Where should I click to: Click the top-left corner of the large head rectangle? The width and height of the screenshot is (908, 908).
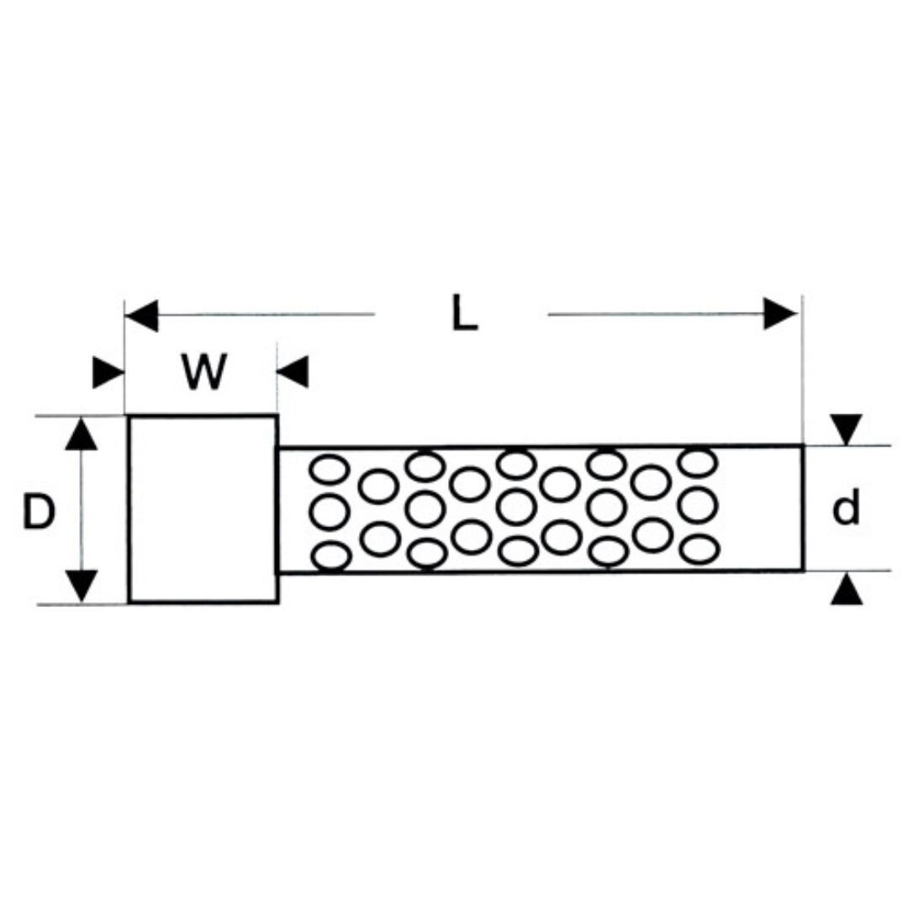(129, 416)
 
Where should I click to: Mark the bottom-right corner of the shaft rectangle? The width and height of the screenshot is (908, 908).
(803, 570)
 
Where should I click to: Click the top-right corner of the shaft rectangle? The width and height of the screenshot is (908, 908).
(803, 446)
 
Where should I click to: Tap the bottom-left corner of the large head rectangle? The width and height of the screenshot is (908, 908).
(129, 603)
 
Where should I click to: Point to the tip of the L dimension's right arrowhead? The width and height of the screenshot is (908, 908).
(799, 314)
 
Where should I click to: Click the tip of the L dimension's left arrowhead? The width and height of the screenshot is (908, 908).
(126, 315)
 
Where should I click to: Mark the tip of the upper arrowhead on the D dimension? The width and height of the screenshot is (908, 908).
(81, 417)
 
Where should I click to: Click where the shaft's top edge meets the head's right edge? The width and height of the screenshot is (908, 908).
(278, 447)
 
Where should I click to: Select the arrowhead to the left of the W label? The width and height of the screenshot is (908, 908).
(108, 373)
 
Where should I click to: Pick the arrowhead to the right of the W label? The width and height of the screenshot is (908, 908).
(293, 372)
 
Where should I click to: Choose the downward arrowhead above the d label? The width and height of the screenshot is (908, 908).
(847, 430)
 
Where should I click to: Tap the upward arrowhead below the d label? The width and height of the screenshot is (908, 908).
(847, 589)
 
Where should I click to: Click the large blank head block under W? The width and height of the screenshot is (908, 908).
(203, 509)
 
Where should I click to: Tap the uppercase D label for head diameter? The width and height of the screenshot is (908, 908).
(39, 512)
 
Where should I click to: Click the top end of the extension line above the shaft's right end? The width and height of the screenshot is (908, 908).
(803, 295)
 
